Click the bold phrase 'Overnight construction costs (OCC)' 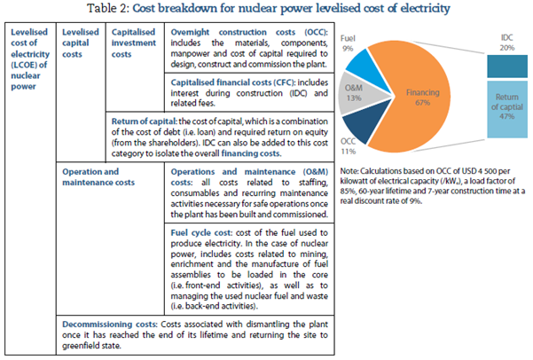click(228, 31)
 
